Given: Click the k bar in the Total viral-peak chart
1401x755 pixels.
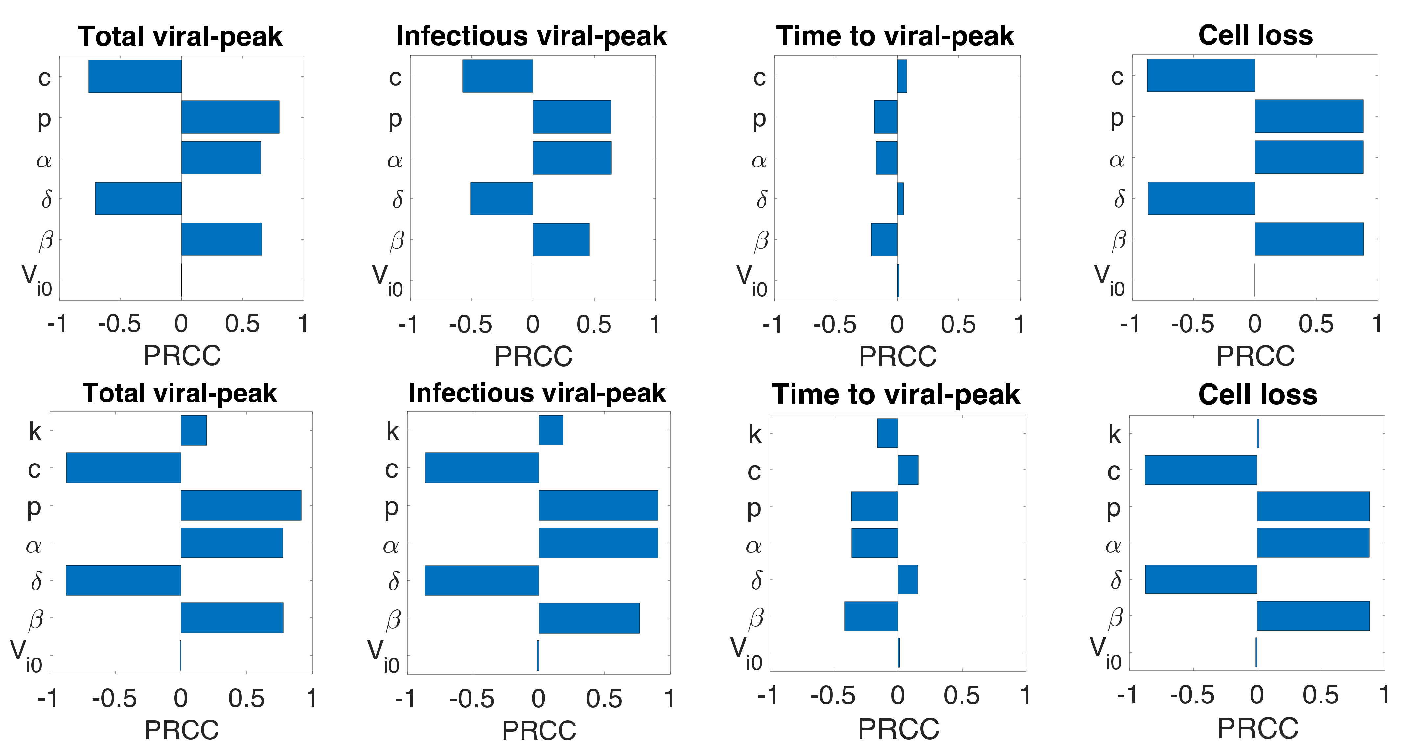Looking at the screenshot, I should pyautogui.click(x=194, y=430).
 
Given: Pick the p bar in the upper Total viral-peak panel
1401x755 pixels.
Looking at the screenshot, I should pyautogui.click(x=230, y=117).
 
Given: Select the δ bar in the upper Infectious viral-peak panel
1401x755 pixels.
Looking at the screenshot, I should pyautogui.click(x=501, y=198).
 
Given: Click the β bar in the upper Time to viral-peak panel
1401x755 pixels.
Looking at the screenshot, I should pyautogui.click(x=884, y=239).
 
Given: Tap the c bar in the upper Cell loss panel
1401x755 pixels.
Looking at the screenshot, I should pyautogui.click(x=1201, y=75).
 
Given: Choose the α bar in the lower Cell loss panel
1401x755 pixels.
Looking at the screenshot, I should pyautogui.click(x=1312, y=543).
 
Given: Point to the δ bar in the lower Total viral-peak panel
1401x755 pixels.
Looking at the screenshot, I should pyautogui.click(x=124, y=580).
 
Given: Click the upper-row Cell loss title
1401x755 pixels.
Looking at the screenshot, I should pyautogui.click(x=1255, y=35).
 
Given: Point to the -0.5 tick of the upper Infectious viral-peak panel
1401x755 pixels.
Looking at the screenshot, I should pyautogui.click(x=471, y=325).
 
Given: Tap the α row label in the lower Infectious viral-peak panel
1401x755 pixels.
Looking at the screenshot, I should pyautogui.click(x=390, y=545).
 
